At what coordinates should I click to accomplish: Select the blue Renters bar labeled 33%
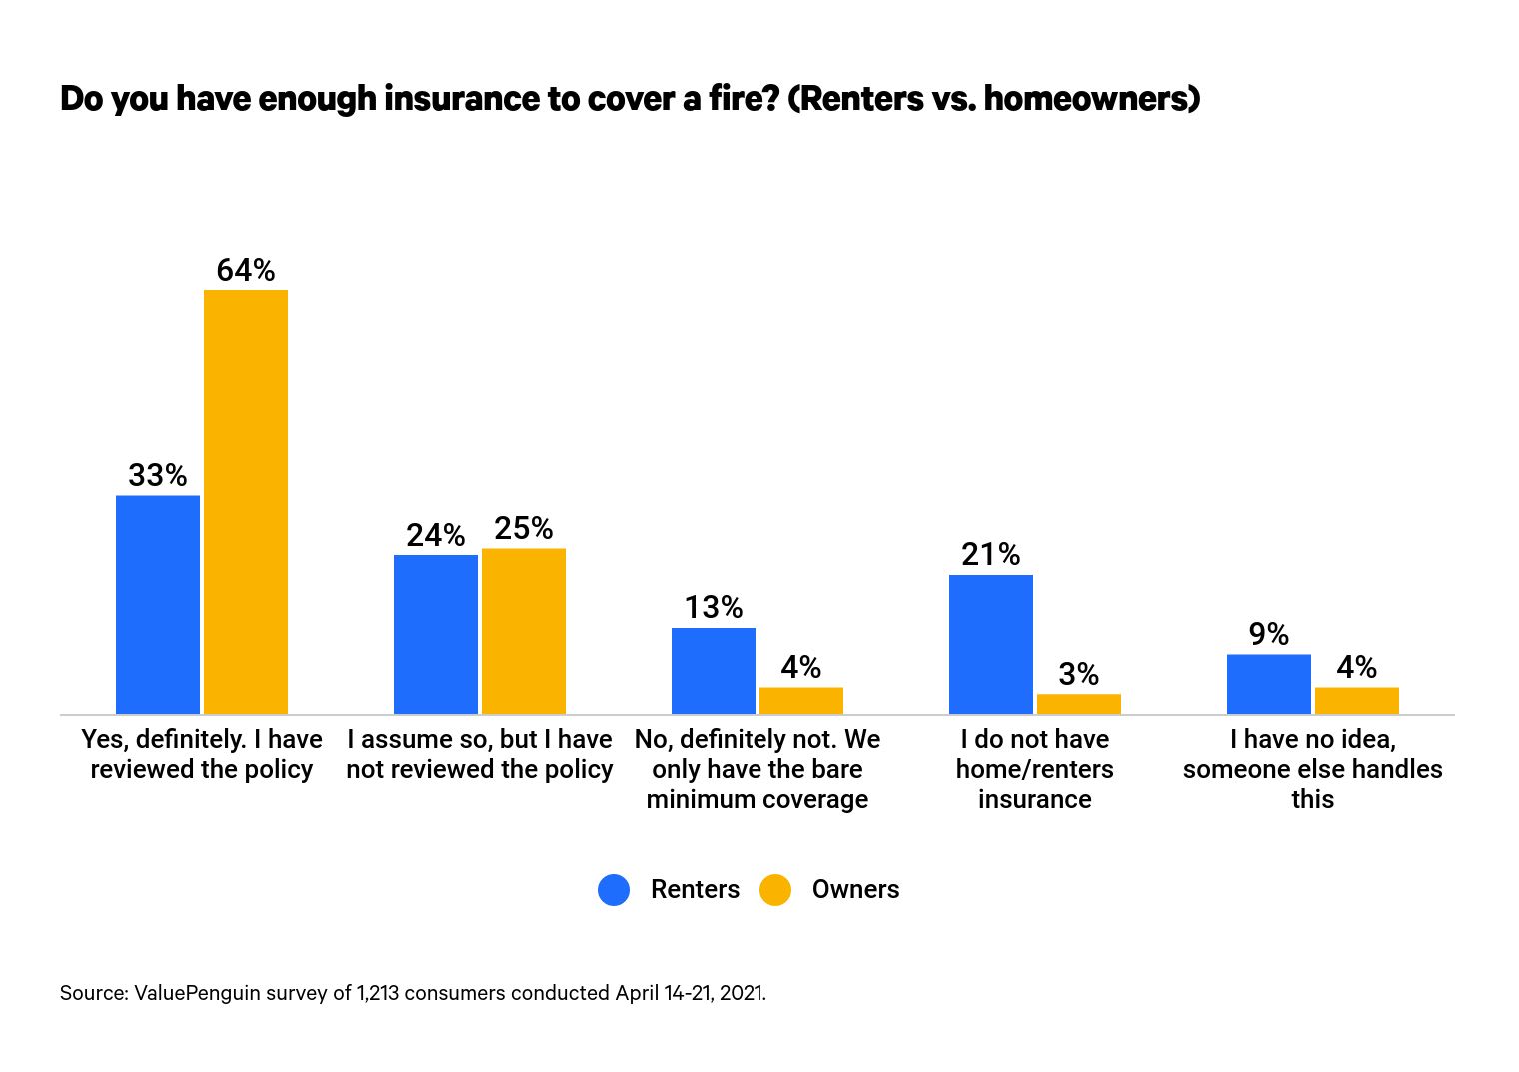pos(158,604)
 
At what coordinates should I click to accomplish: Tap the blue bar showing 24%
pos(436,634)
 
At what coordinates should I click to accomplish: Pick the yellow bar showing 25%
pos(524,631)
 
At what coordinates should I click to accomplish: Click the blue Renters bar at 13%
pos(714,671)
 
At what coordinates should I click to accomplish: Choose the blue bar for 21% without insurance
pos(991,644)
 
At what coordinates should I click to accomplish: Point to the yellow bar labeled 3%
pos(1079,704)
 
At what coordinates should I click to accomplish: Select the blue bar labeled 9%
pos(1269,684)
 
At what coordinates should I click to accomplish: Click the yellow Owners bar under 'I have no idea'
pos(1357,701)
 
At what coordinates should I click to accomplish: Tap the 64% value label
pos(246,270)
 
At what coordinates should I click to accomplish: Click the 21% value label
pos(991,554)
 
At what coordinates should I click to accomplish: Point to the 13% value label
pos(714,607)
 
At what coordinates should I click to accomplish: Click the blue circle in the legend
pos(614,890)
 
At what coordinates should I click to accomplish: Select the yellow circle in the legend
pos(775,890)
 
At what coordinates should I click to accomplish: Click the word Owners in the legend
pos(855,890)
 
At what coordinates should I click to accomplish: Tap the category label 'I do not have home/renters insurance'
pos(1035,769)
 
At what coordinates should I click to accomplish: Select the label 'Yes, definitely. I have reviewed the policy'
pos(202,754)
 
